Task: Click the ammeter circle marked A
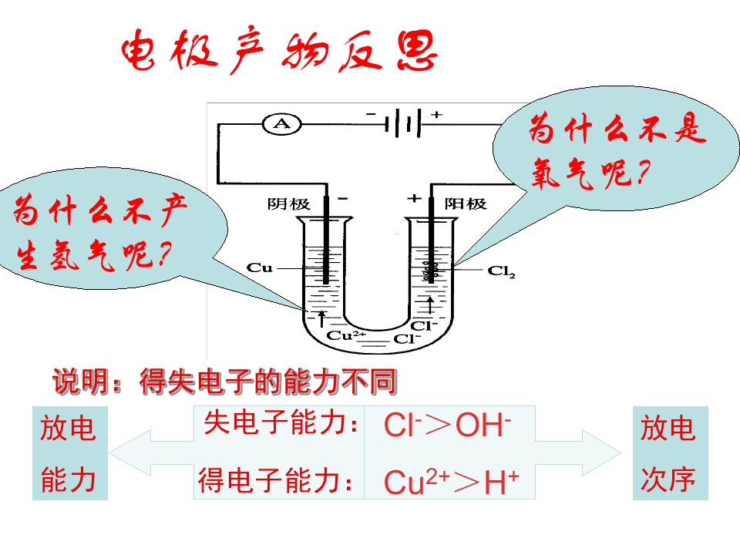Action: (282, 124)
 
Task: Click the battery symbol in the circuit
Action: (402, 123)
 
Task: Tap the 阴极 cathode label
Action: (289, 203)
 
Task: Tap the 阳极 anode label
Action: (466, 203)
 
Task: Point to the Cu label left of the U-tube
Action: (260, 268)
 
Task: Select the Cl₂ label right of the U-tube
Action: (501, 271)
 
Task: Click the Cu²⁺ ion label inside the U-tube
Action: (346, 335)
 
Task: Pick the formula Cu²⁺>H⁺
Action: (451, 481)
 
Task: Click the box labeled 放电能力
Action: (70, 453)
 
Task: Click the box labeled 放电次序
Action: (670, 453)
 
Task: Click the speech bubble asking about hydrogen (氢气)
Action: (113, 229)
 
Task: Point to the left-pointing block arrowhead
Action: (129, 453)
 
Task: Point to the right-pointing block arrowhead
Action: (602, 453)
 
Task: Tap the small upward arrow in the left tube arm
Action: (322, 318)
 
